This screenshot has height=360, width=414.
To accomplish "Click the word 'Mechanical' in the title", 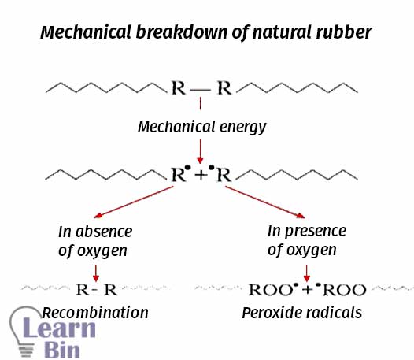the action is coord(86,32).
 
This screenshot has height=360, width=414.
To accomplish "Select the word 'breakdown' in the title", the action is coord(182,32).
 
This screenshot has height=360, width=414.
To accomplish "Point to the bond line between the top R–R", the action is coord(201,91).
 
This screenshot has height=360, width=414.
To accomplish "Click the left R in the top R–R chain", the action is coord(179,87).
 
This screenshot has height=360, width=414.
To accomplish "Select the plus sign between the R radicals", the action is coord(201,175).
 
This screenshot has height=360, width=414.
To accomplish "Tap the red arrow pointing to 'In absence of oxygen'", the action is coord(134,202).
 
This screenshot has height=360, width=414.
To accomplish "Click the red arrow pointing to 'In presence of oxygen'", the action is coord(264,202).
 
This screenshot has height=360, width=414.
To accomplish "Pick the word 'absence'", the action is coord(104,232).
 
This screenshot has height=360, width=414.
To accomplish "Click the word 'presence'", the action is coord(316,232).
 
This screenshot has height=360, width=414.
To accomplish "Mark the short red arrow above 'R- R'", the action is coord(96,273).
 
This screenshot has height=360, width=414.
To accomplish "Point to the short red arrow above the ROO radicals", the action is coord(306,273).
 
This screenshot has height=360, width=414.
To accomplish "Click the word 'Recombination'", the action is coord(95,313).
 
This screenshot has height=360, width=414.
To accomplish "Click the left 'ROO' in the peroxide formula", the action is coord(270,290).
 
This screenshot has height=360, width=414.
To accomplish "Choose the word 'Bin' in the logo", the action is coord(62,351).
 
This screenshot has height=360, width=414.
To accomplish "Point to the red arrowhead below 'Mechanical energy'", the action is coord(200,160).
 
